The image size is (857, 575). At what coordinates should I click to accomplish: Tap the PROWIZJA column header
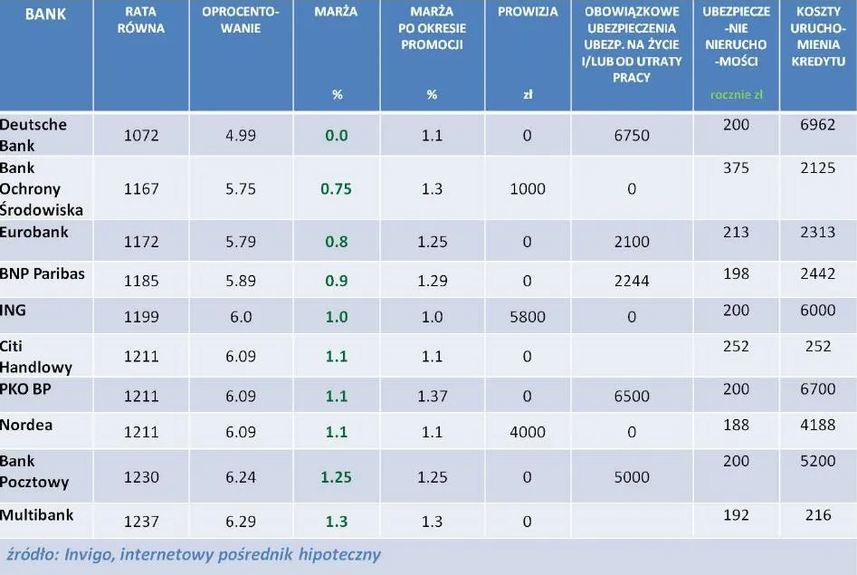coord(528,13)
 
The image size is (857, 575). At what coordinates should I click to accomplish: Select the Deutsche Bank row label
coord(33,134)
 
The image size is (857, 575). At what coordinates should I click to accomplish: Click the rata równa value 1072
coord(141,136)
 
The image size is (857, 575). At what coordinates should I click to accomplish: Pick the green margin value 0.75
coord(337,189)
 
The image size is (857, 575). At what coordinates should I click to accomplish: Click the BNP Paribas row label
coord(43,273)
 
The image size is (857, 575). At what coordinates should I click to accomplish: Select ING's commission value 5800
coord(528,317)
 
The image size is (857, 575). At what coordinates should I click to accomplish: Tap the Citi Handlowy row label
coord(36,357)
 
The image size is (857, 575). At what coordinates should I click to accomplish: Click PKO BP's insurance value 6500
coord(632,397)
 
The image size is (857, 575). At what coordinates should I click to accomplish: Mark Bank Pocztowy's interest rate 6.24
coord(242,477)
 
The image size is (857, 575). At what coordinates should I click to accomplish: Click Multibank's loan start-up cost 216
coord(818,515)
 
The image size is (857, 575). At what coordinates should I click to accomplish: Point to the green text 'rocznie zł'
coord(736,94)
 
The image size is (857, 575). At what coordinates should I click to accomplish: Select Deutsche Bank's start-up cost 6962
coord(818,125)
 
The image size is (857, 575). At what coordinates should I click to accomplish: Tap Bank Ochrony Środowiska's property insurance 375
coord(737,168)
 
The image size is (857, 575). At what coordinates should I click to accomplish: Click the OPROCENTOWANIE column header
coord(242,20)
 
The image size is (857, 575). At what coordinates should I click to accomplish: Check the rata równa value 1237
coord(141,521)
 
